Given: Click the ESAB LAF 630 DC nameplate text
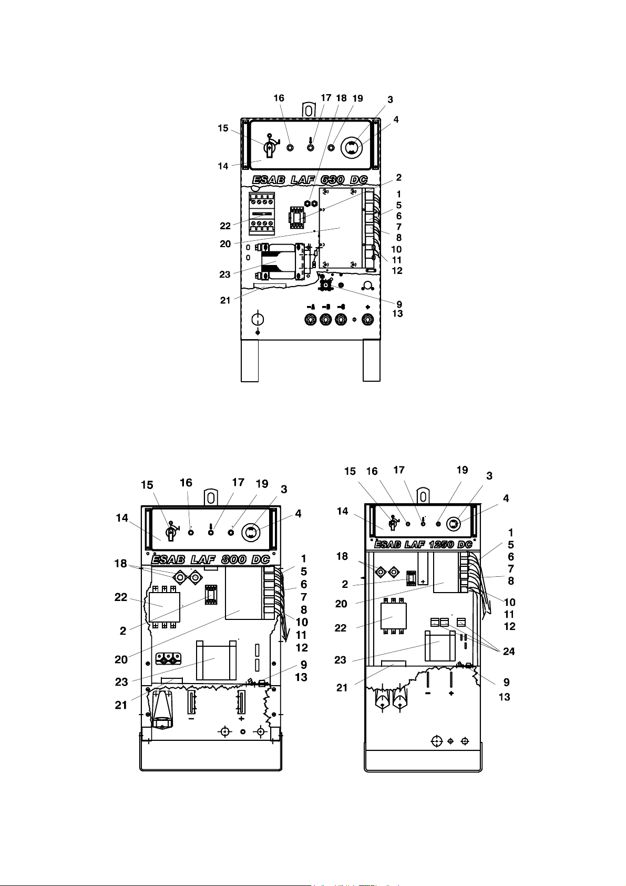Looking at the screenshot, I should tap(310, 180).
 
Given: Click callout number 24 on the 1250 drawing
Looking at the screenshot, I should tap(508, 651).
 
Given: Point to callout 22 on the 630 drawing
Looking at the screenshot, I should tap(225, 226).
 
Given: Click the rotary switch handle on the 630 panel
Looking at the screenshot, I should tap(269, 148).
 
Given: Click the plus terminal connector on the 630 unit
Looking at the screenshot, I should tap(367, 320).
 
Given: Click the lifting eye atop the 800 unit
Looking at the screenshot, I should tap(210, 497).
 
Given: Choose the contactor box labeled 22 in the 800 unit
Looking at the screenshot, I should tap(165, 607).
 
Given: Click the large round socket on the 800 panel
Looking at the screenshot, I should tap(252, 532).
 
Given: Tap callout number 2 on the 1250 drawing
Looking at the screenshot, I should tap(345, 585).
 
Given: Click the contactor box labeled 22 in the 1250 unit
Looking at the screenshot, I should tap(393, 617).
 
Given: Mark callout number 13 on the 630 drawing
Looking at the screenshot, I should tap(397, 314).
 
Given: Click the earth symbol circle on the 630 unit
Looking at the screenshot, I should tap(258, 319).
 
